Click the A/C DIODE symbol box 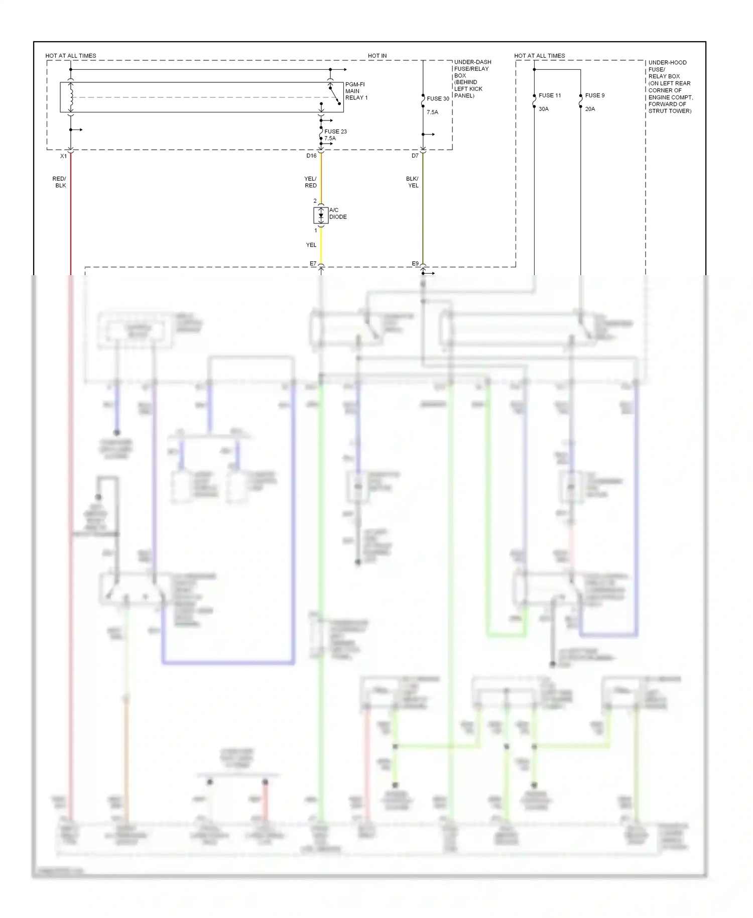pyautogui.click(x=321, y=215)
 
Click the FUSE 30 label pyautogui.click(x=438, y=99)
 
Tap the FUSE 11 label pyautogui.click(x=550, y=95)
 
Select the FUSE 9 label pyautogui.click(x=595, y=95)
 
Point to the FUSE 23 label pyautogui.click(x=335, y=132)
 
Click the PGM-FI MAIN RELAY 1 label pyautogui.click(x=356, y=91)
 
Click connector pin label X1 pyautogui.click(x=64, y=156)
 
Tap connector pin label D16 pyautogui.click(x=311, y=156)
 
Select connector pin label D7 pyautogui.click(x=415, y=156)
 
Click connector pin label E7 pyautogui.click(x=313, y=264)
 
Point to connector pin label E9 pyautogui.click(x=415, y=264)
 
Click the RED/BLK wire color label pyautogui.click(x=59, y=182)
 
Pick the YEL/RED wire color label pyautogui.click(x=310, y=182)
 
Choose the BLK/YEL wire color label pyautogui.click(x=412, y=182)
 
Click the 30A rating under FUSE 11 pyautogui.click(x=544, y=109)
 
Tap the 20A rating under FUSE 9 pyautogui.click(x=590, y=109)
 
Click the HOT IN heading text pyautogui.click(x=377, y=56)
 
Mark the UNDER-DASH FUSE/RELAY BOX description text pyautogui.click(x=471, y=79)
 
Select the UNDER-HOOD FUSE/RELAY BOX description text pyautogui.click(x=670, y=87)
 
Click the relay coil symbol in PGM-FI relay pyautogui.click(x=71, y=97)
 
